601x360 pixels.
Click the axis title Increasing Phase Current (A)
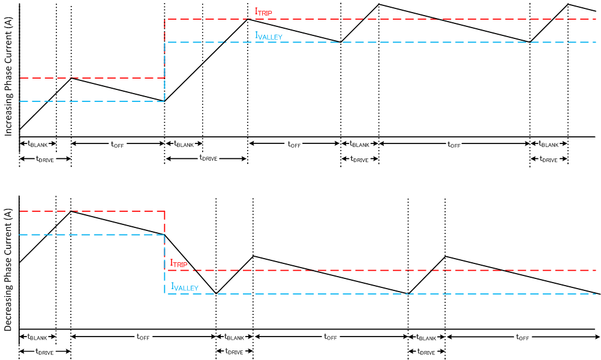tap(8, 77)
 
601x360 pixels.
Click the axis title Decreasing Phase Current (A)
tap(8, 264)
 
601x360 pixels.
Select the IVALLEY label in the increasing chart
tap(269, 36)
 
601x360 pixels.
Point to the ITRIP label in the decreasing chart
tap(180, 263)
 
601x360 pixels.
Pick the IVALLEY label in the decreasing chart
tap(184, 287)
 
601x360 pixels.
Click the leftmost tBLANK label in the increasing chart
tap(38, 144)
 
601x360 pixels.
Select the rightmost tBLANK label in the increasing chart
tap(549, 144)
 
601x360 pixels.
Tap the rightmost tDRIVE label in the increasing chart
tap(549, 159)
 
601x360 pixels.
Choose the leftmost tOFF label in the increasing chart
tap(117, 144)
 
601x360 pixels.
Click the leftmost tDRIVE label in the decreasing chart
tap(44, 352)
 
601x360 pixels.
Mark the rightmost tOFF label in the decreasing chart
tap(522, 337)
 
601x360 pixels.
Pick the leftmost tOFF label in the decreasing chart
tap(143, 337)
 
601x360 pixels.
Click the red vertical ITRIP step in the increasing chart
tap(164, 48)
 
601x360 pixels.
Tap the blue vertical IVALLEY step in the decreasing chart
tap(164, 264)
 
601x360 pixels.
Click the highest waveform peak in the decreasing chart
tap(71, 211)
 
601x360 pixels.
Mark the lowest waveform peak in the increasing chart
tap(71, 78)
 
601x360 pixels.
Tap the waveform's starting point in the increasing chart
tap(20, 130)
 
